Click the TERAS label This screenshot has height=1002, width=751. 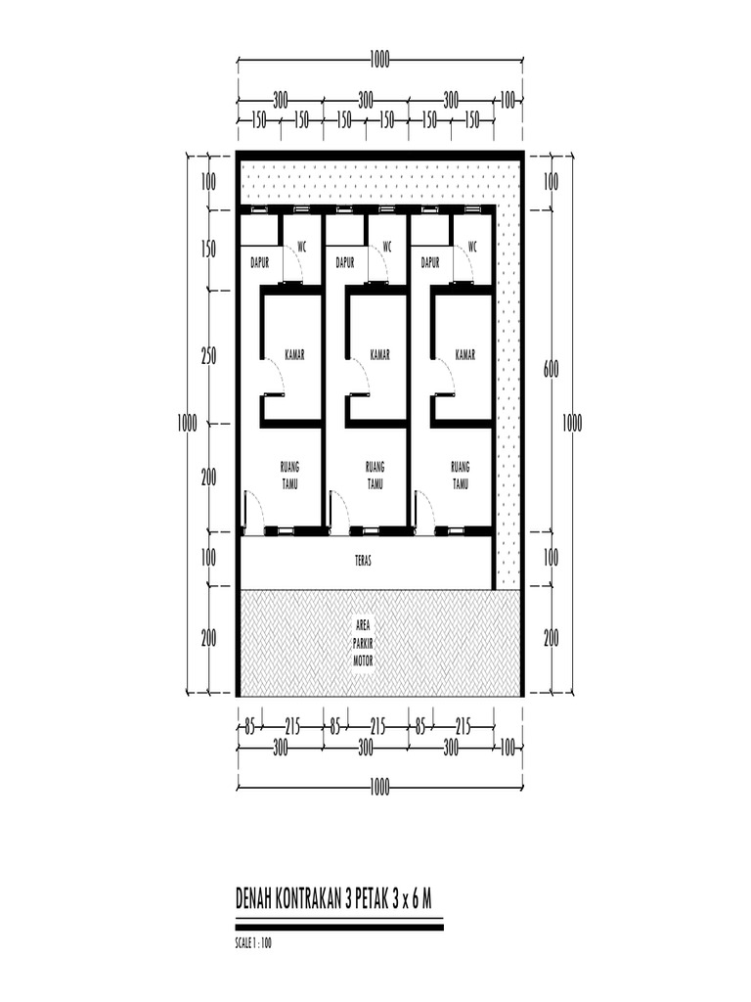[x=363, y=561]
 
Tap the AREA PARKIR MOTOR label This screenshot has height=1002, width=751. [x=363, y=644]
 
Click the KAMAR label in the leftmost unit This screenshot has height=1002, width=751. [x=294, y=354]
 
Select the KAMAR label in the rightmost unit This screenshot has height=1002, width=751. [x=464, y=354]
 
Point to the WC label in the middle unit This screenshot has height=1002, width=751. [x=387, y=247]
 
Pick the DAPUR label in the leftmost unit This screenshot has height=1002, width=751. [x=260, y=262]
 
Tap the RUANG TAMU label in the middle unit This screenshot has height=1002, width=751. [x=375, y=476]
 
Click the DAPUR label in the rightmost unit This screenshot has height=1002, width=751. [x=430, y=262]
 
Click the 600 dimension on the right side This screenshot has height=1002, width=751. [x=551, y=369]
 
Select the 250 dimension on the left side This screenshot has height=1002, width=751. [x=209, y=356]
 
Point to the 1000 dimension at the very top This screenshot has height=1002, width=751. [x=379, y=61]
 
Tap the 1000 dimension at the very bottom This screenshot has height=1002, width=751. [x=379, y=788]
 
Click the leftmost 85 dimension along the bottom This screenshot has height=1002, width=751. [x=249, y=727]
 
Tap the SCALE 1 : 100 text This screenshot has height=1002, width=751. [x=253, y=942]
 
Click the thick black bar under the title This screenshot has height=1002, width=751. [x=339, y=927]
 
